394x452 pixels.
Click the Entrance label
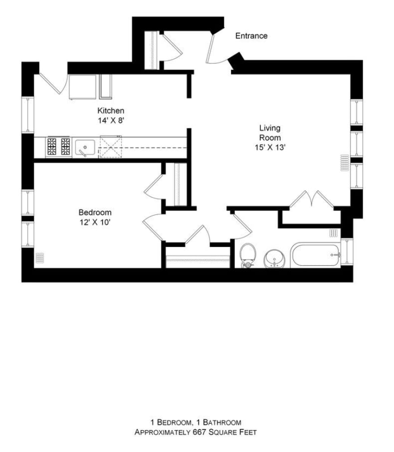click(x=251, y=36)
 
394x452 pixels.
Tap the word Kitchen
click(x=111, y=110)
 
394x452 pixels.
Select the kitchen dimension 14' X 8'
click(x=111, y=121)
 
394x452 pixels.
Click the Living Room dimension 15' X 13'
click(x=270, y=147)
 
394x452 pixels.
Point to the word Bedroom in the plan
click(x=95, y=213)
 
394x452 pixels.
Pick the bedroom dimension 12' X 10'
click(x=95, y=222)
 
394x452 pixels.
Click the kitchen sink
click(x=85, y=148)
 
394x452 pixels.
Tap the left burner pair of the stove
click(x=52, y=147)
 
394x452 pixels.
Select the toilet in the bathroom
click(x=248, y=255)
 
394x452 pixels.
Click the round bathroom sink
click(x=275, y=258)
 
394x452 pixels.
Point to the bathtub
click(x=315, y=255)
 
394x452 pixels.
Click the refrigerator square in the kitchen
click(x=82, y=87)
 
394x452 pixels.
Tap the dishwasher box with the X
click(x=110, y=147)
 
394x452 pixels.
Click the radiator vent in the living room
click(x=345, y=163)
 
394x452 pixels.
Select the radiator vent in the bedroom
click(x=39, y=258)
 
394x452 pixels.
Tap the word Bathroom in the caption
click(x=222, y=423)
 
